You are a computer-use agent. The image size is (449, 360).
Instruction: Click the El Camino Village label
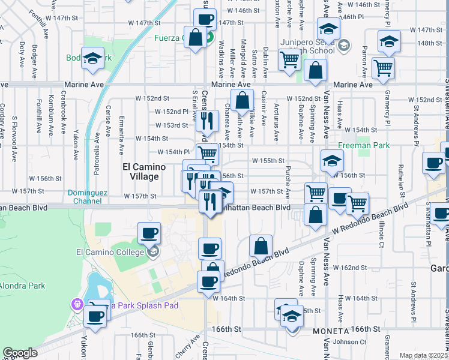140,172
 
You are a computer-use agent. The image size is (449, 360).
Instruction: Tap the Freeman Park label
364,145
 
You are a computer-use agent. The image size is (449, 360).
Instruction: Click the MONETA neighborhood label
330,331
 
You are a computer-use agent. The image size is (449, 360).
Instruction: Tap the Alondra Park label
22,286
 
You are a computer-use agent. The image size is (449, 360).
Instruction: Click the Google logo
20,353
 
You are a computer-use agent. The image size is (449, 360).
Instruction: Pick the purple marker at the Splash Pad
77,305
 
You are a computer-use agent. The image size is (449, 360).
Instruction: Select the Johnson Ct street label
345,343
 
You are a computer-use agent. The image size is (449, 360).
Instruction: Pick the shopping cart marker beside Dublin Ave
289,59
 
